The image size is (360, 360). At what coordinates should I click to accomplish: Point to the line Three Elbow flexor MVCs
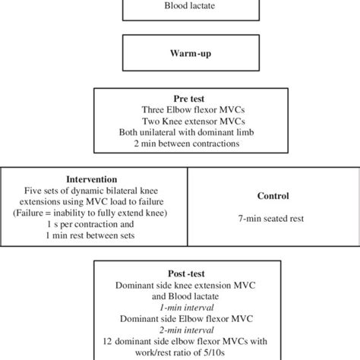(x=179, y=109)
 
